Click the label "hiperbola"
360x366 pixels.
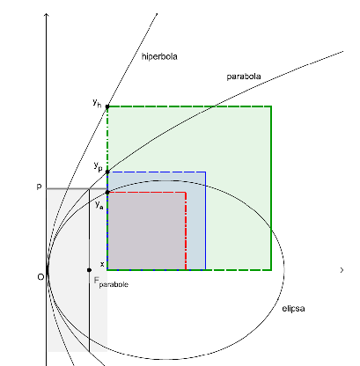pyautogui.click(x=159, y=56)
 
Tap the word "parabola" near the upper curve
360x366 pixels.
pyautogui.click(x=244, y=77)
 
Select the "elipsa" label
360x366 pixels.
pyautogui.click(x=293, y=309)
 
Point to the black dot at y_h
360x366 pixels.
pyautogui.click(x=107, y=106)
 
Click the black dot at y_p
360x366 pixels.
pyautogui.click(x=107, y=172)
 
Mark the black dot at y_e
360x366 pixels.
pyautogui.click(x=107, y=193)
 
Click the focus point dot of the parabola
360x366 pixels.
pyautogui.click(x=89, y=270)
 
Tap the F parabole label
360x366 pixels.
pyautogui.click(x=111, y=282)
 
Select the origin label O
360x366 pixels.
pyautogui.click(x=40, y=277)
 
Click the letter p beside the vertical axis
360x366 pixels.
pyautogui.click(x=39, y=187)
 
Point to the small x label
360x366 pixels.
pyautogui.click(x=102, y=264)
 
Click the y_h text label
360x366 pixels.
pyautogui.click(x=97, y=103)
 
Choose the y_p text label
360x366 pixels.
pyautogui.click(x=99, y=166)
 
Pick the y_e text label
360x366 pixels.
pyautogui.click(x=99, y=205)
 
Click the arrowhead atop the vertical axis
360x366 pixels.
pyautogui.click(x=47, y=14)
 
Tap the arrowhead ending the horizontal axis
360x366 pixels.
pyautogui.click(x=342, y=270)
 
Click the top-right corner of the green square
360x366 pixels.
pyautogui.click(x=271, y=106)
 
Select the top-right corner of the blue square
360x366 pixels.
pyautogui.click(x=205, y=172)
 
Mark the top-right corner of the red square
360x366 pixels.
pyautogui.click(x=186, y=193)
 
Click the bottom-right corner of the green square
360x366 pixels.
pyautogui.click(x=271, y=269)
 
